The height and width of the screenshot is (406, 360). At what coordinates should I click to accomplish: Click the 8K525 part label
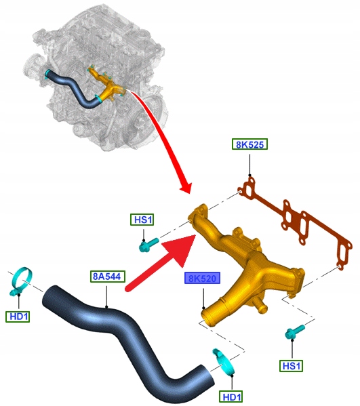pos(249,144)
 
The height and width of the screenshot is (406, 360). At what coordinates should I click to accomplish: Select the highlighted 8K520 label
pos(202,278)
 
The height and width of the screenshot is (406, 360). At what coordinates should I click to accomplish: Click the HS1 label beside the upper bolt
pos(142,220)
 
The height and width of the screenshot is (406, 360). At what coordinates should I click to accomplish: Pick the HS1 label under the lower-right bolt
pos(292,366)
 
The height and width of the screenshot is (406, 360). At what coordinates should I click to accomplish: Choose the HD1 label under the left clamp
pos(18,316)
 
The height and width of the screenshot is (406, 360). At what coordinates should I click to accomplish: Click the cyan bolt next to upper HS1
pos(148,245)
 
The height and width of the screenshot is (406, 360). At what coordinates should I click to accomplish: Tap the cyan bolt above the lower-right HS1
pos(295,331)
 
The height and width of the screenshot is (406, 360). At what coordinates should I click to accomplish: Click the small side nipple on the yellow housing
pos(260,305)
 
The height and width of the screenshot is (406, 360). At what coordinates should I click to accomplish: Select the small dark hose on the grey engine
pos(73,89)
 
